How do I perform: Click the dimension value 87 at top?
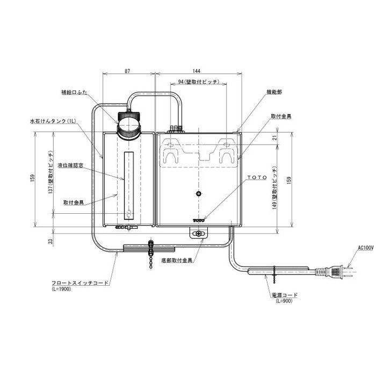[127, 71]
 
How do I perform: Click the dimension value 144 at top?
[196, 71]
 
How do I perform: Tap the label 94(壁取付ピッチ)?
[199, 82]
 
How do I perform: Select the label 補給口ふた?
[74, 92]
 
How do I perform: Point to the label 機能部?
[274, 92]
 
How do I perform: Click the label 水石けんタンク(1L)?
[53, 121]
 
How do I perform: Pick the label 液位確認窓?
[70, 165]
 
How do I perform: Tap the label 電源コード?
[285, 295]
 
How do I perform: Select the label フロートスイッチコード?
[81, 283]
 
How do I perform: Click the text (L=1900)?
[61, 289]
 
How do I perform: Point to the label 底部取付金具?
[177, 260]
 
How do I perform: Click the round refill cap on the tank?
[128, 125]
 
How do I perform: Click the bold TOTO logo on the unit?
[199, 220]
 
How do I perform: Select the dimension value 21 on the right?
[275, 138]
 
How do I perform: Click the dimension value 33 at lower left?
[50, 241]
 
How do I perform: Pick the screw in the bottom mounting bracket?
[199, 233]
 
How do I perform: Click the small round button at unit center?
[198, 193]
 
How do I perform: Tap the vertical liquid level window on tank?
[129, 186]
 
